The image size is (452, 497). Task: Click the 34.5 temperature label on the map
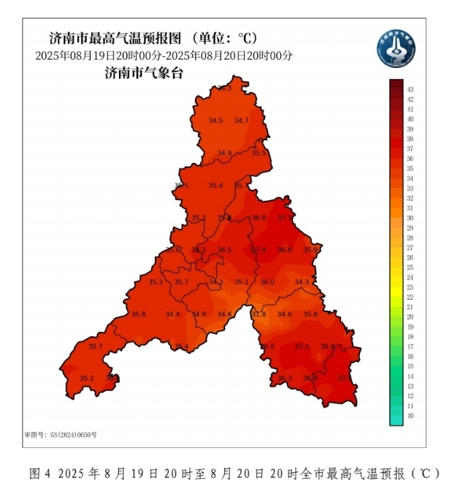215,121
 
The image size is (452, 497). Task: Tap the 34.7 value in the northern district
242,121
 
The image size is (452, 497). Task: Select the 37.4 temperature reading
259,250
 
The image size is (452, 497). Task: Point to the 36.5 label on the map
224,250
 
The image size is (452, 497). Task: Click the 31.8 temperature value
258,314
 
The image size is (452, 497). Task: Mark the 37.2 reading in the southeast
302,346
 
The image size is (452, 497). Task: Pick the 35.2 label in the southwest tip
87,378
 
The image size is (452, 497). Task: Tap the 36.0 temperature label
267,282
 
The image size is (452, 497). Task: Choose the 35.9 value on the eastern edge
310,250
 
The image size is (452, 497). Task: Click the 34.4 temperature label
172,314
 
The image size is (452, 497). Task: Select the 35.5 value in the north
259,153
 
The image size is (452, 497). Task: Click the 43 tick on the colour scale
410,89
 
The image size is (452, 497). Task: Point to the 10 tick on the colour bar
410,415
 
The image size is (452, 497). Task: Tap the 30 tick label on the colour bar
410,218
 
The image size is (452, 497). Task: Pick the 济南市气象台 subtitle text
143,72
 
